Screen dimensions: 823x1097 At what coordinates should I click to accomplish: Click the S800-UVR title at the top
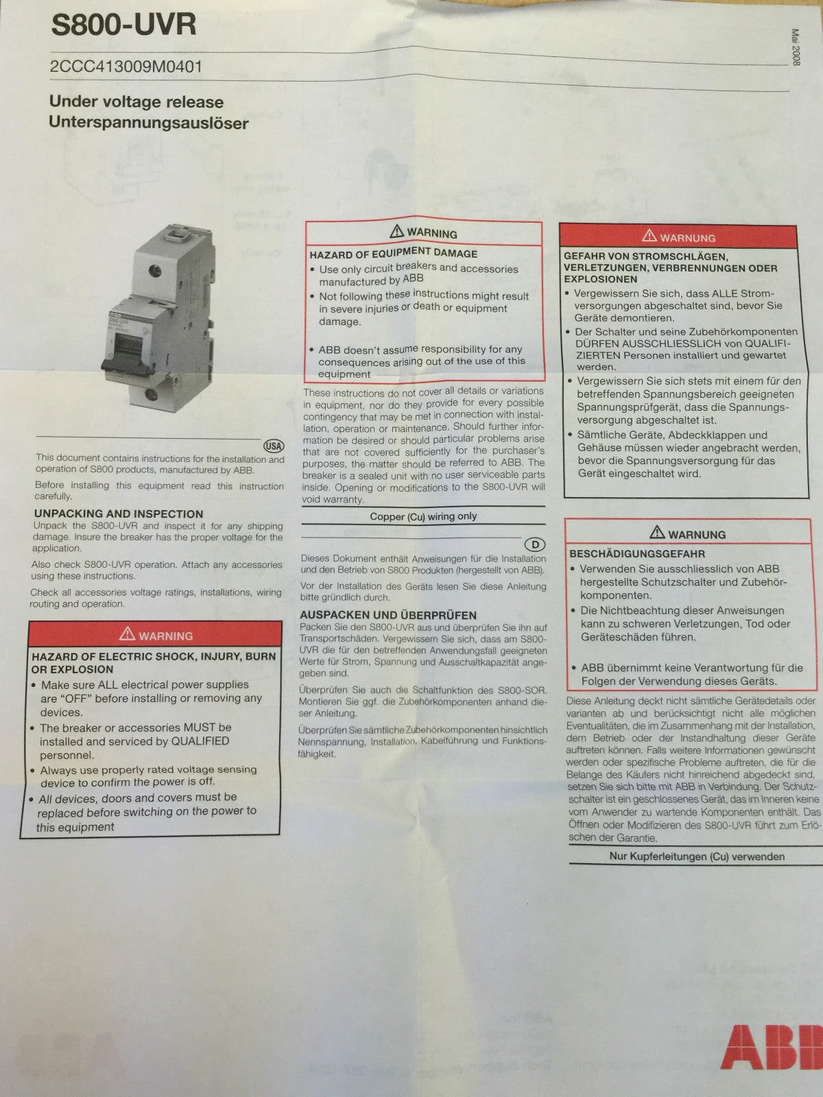pyautogui.click(x=123, y=25)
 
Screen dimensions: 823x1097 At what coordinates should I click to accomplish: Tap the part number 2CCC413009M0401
pyautogui.click(x=126, y=67)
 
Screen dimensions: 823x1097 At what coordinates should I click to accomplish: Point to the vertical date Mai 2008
pyautogui.click(x=796, y=47)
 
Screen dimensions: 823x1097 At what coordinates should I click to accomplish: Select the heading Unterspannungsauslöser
pyautogui.click(x=148, y=123)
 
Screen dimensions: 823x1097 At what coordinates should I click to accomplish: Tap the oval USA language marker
pyautogui.click(x=274, y=446)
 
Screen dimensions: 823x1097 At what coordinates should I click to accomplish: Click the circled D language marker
pyautogui.click(x=535, y=544)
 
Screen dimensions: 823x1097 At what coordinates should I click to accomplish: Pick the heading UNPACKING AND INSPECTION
pyautogui.click(x=119, y=514)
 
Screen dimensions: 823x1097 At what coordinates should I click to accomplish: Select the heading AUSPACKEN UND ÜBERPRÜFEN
pyautogui.click(x=388, y=615)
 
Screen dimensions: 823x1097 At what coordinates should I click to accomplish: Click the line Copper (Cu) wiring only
pyautogui.click(x=423, y=516)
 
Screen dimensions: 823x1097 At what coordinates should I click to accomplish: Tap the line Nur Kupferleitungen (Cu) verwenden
pyautogui.click(x=697, y=856)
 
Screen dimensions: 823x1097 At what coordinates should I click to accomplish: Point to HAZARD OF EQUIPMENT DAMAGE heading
pyautogui.click(x=393, y=254)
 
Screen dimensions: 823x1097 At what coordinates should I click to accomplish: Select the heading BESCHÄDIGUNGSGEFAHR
pyautogui.click(x=637, y=554)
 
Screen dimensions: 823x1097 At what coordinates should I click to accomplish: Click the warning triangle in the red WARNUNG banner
pyautogui.click(x=649, y=236)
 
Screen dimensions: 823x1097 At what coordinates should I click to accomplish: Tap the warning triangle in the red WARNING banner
pyautogui.click(x=127, y=634)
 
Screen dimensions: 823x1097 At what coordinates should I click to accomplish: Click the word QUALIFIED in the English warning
pyautogui.click(x=200, y=740)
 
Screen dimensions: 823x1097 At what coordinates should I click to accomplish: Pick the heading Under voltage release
pyautogui.click(x=136, y=102)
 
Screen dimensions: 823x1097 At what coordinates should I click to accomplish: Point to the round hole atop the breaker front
pyautogui.click(x=156, y=271)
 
